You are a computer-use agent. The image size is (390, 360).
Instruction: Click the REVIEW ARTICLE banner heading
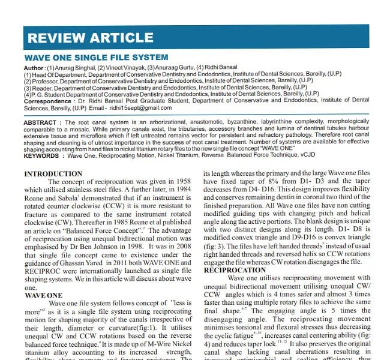tap(82, 38)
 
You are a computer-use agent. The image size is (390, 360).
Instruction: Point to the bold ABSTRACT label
tap(41, 122)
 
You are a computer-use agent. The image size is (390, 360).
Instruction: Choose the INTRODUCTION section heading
tap(53, 174)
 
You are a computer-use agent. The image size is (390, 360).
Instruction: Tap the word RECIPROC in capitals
tap(43, 271)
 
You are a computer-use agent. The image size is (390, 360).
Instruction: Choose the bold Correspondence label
tap(49, 101)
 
